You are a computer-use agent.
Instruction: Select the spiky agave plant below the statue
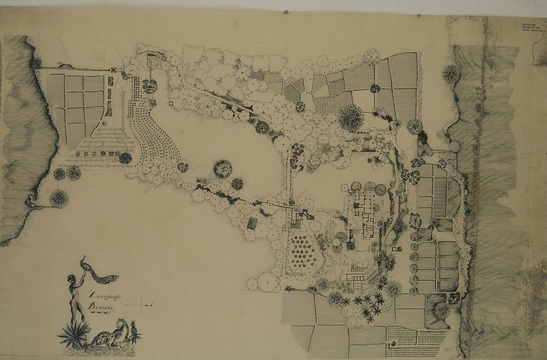[x=73, y=333]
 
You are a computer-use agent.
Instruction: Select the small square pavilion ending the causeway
[x=115, y=70]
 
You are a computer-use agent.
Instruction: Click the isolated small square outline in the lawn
[x=171, y=103]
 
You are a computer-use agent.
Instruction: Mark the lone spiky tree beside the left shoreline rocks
[x=59, y=199]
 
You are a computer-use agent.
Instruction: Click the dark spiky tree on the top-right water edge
[x=451, y=74]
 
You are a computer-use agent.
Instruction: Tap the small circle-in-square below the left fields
[x=103, y=123]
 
